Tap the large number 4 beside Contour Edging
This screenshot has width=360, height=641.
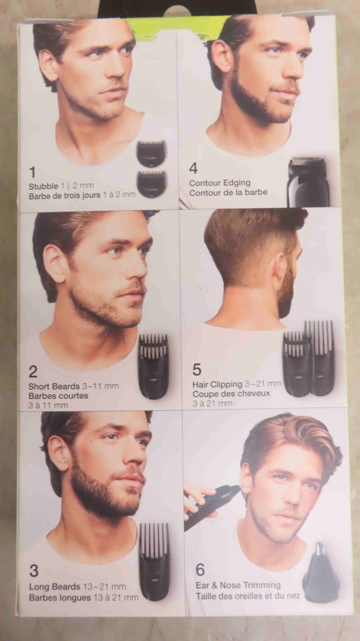(x=193, y=168)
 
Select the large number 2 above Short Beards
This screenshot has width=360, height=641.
(x=33, y=372)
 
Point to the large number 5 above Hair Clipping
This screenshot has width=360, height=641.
(x=197, y=370)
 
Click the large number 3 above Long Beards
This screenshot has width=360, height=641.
(x=34, y=571)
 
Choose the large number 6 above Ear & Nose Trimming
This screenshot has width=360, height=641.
(x=200, y=570)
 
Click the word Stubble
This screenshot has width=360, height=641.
(x=43, y=186)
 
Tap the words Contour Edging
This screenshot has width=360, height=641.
(x=220, y=183)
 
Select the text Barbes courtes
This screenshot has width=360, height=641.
(x=58, y=396)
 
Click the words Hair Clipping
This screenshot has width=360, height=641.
(x=217, y=385)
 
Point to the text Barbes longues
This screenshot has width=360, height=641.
(x=60, y=597)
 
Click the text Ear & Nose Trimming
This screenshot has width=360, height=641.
(x=238, y=585)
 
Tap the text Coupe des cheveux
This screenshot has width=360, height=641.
(x=231, y=394)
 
